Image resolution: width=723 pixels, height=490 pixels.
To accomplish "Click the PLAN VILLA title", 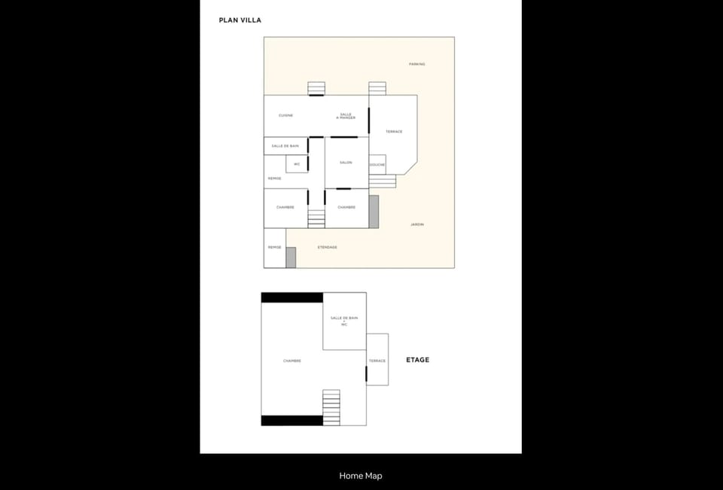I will point(239,20).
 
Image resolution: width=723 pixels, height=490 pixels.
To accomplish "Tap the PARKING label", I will point(416,64).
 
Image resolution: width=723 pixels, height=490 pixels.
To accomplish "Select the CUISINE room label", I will point(285,115).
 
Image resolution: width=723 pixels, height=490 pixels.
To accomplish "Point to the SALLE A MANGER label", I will point(346,116).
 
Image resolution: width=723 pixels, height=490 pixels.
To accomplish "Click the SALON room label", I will point(346,163).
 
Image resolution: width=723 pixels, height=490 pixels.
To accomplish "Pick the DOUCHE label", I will point(377,164).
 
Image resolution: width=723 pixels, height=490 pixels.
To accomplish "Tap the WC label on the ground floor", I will point(297,163).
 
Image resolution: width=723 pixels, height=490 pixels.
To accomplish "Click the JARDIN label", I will point(416,224).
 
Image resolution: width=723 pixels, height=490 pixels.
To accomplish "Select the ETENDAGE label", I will point(327,247).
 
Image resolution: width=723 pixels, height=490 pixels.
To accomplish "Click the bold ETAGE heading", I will point(417,360).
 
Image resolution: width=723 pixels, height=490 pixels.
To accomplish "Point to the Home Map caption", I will point(361,476).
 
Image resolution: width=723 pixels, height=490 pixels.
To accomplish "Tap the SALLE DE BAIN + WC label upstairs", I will point(344,321).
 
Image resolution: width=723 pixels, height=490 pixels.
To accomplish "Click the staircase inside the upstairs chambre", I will point(331,407).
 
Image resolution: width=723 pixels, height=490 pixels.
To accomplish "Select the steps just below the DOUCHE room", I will point(383,181).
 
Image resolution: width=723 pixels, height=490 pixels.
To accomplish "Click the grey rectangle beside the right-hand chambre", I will point(374,211).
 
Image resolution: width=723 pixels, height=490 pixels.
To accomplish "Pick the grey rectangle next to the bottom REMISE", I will point(291,257).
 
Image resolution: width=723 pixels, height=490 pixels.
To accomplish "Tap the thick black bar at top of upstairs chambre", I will point(291,297).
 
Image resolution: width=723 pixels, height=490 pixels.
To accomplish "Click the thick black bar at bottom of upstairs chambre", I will point(291,420).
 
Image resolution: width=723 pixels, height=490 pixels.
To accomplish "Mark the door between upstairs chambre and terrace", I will point(366,374).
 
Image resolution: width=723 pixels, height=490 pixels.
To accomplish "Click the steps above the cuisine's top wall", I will point(316,88).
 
